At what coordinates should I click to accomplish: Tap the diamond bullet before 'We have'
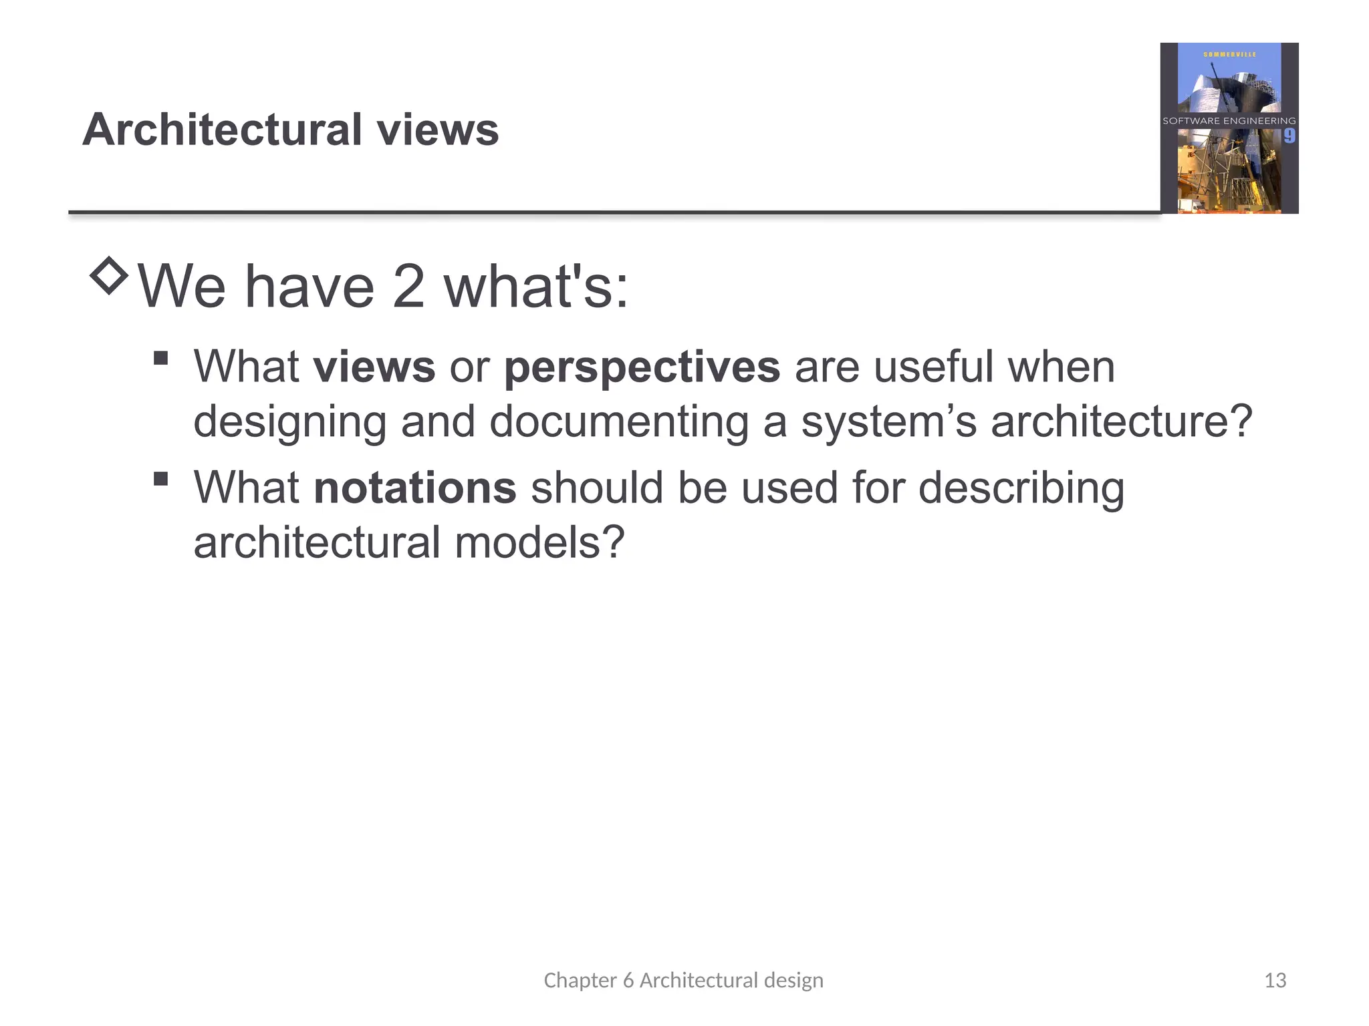(109, 275)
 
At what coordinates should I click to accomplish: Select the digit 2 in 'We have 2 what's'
(408, 287)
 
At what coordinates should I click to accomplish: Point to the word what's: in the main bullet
(536, 287)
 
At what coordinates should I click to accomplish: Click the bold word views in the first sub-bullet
(374, 367)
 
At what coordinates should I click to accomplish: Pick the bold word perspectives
(642, 367)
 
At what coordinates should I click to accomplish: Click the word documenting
(618, 422)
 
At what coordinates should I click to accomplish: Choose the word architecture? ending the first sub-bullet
(1121, 422)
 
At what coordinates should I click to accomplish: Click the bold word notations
(415, 488)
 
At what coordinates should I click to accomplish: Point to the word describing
(1021, 488)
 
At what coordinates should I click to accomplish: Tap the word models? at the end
(539, 542)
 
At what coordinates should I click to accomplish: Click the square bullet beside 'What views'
(160, 359)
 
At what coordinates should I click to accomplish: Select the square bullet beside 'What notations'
(160, 479)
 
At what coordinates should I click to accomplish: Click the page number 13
(1275, 980)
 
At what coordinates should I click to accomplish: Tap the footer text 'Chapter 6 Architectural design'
(683, 980)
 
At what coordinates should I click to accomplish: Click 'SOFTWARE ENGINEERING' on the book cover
(1229, 121)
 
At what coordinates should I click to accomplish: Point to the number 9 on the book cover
(1289, 136)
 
